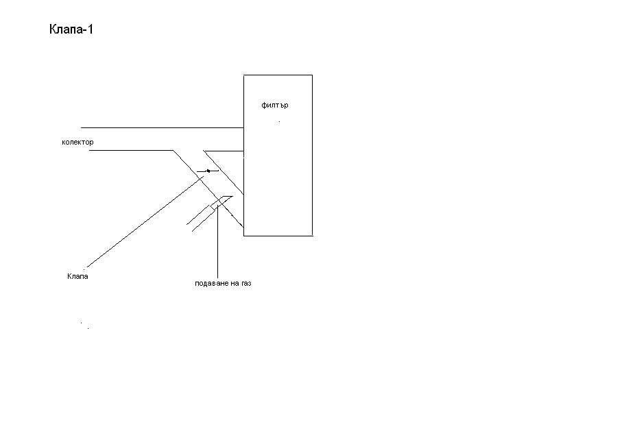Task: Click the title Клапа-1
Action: click(x=71, y=29)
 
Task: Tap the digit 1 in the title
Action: click(x=91, y=29)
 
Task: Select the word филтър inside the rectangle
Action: click(x=275, y=106)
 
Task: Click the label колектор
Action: click(x=77, y=142)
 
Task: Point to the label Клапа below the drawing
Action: click(x=77, y=276)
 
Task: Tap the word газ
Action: click(x=246, y=284)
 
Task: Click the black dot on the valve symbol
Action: click(x=208, y=171)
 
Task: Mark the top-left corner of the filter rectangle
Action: click(x=244, y=75)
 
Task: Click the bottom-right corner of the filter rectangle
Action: click(x=313, y=236)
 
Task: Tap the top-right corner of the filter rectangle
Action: click(x=313, y=75)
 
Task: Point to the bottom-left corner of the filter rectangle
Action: click(x=244, y=236)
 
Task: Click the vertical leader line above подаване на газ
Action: click(x=217, y=242)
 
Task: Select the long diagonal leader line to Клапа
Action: click(x=145, y=222)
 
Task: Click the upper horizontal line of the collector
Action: click(x=163, y=128)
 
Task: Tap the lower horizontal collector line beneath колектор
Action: click(x=131, y=151)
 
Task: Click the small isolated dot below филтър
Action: click(x=279, y=122)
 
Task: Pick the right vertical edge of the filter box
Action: click(x=313, y=156)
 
